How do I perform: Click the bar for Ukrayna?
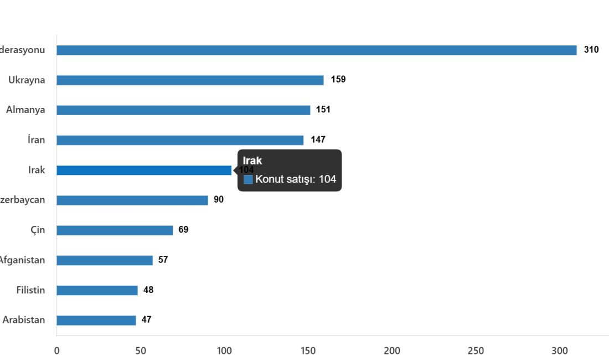tap(190, 80)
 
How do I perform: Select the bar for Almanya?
tap(183, 110)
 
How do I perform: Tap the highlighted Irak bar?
tap(144, 171)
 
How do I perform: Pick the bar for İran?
tap(180, 140)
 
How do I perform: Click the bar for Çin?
tap(115, 230)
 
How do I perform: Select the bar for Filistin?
tap(97, 290)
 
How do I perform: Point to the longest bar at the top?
tap(317, 50)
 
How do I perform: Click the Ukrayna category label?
tap(27, 80)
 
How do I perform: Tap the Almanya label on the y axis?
tap(25, 110)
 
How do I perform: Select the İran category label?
tap(37, 140)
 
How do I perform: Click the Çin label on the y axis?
tap(38, 230)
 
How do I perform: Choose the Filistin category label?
tap(31, 290)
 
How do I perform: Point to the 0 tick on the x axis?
tap(56, 351)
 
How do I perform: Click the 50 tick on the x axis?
tap(141, 351)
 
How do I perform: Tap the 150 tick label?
tap(308, 351)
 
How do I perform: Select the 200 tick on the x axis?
tap(392, 351)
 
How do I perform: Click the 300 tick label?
tap(560, 351)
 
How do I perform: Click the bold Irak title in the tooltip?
tap(252, 161)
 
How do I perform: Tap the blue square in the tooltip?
tap(249, 179)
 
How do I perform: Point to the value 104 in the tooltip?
tap(327, 179)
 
